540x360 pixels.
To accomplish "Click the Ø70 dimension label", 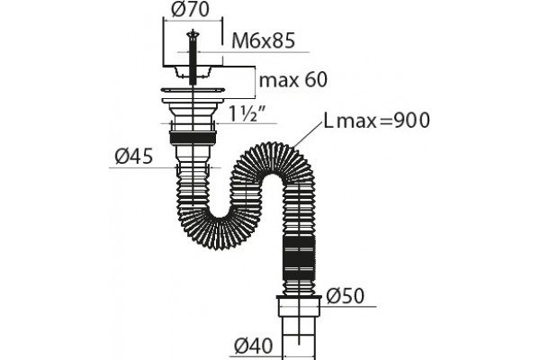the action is click(191, 9).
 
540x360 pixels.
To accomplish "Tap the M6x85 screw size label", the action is click(264, 40).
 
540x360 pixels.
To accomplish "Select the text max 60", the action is click(293, 80).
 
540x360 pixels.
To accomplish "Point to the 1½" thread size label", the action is click(248, 113).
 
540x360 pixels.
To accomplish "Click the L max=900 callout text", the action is click(377, 121).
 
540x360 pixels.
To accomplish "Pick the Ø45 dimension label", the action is click(134, 157).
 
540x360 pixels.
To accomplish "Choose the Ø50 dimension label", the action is click(345, 295).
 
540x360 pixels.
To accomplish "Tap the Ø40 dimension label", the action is click(254, 346).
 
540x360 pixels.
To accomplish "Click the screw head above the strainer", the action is click(193, 34).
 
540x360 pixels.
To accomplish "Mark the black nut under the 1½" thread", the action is click(193, 137).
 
